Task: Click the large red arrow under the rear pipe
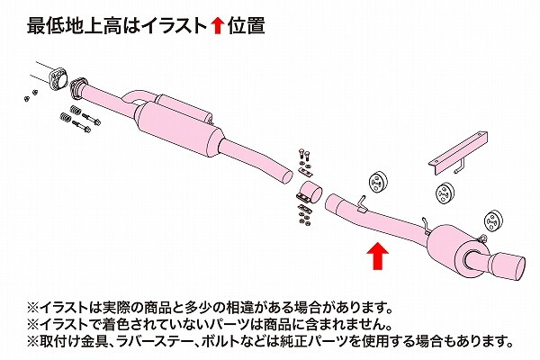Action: coord(377,256)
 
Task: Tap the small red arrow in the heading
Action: coord(217,26)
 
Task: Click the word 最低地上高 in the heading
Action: coord(75,26)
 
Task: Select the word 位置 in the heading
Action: coord(246,26)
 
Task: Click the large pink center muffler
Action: coord(179,127)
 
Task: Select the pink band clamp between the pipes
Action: coord(310,193)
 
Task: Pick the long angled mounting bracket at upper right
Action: coord(459,152)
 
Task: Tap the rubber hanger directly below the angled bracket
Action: coord(445,193)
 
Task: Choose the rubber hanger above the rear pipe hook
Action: coord(379,181)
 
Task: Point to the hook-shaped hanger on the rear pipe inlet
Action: coord(361,204)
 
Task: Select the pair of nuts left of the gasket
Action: coord(31,95)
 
